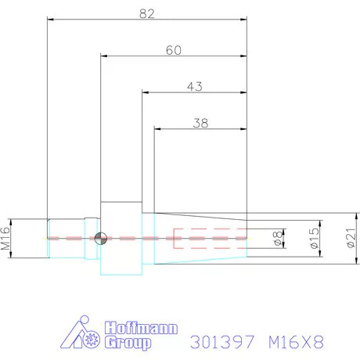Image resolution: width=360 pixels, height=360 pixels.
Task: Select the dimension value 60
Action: tap(175, 49)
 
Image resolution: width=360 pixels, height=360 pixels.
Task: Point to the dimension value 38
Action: tap(201, 123)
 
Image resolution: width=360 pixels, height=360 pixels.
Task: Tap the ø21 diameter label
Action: tap(349, 236)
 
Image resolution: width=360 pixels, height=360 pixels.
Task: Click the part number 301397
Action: tap(223, 341)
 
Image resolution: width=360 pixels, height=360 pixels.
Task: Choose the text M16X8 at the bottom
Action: tap(296, 341)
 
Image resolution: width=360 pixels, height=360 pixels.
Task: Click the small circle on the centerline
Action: tap(99, 239)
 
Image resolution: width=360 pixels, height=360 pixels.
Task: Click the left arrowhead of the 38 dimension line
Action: tap(157, 131)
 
